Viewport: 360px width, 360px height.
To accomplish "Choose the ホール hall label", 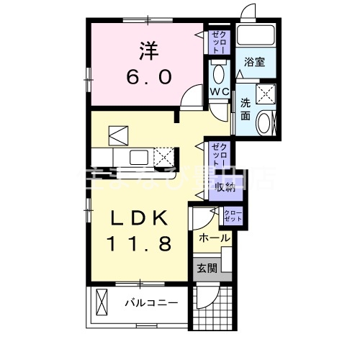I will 214,238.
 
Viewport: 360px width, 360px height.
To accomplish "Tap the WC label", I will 219,92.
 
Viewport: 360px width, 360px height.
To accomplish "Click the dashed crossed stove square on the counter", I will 164,156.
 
